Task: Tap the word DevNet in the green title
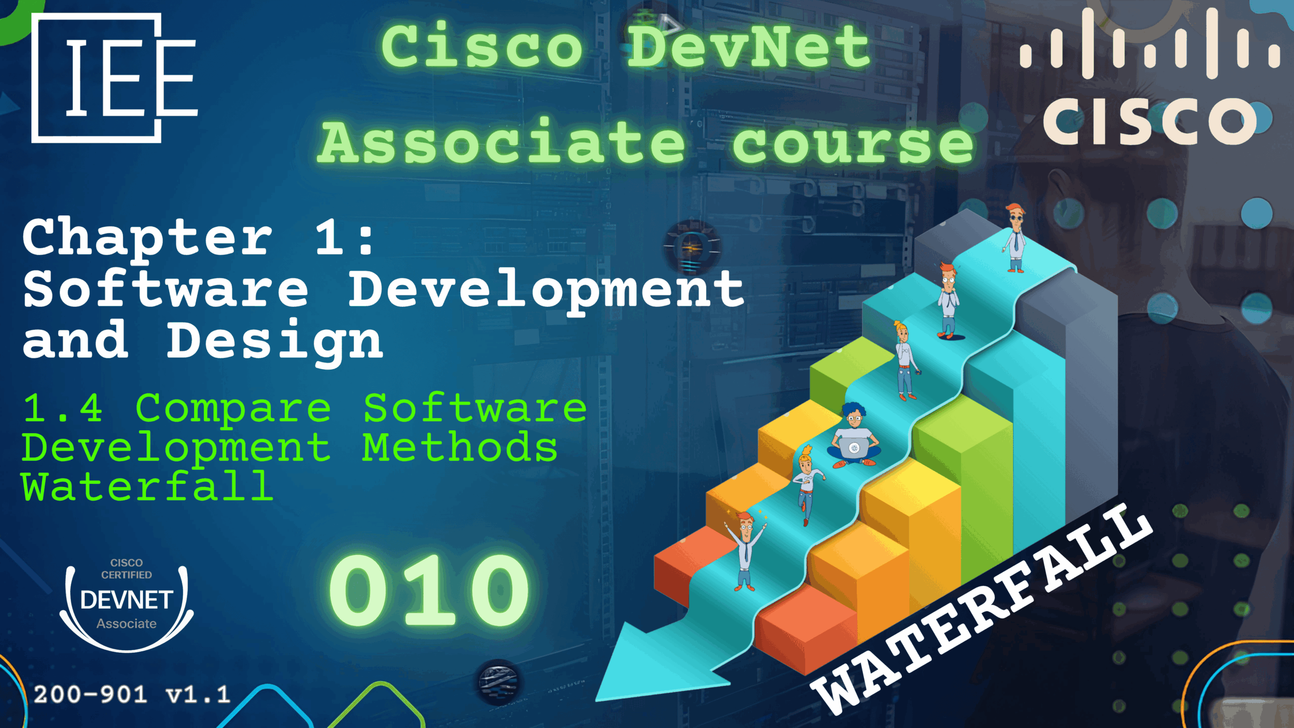pyautogui.click(x=749, y=47)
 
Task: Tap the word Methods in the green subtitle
pyautogui.click(x=460, y=447)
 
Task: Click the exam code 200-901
pyautogui.click(x=90, y=695)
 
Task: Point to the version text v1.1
pyautogui.click(x=198, y=695)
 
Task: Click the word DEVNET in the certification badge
pyautogui.click(x=126, y=600)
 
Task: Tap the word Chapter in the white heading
pyautogui.click(x=147, y=238)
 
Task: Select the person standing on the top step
pyautogui.click(x=1014, y=238)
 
